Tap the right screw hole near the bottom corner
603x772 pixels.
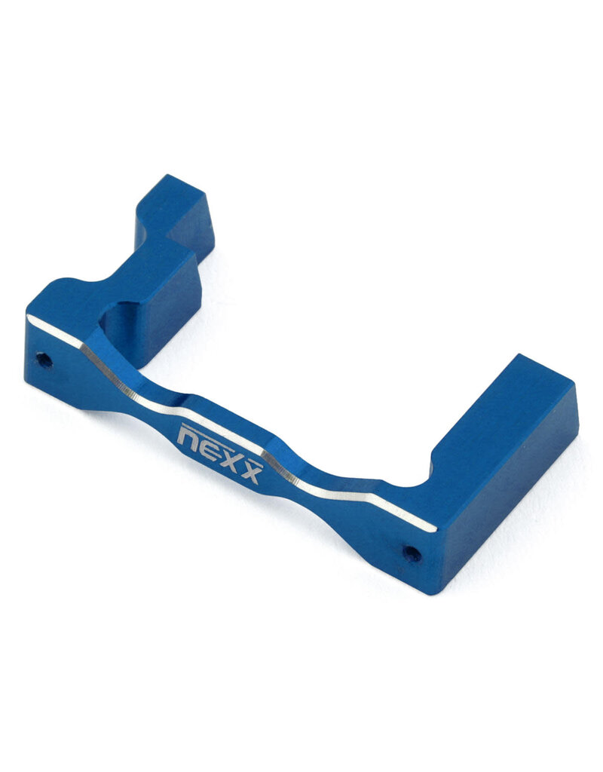[x=412, y=554]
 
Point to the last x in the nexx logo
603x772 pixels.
[x=251, y=473]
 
